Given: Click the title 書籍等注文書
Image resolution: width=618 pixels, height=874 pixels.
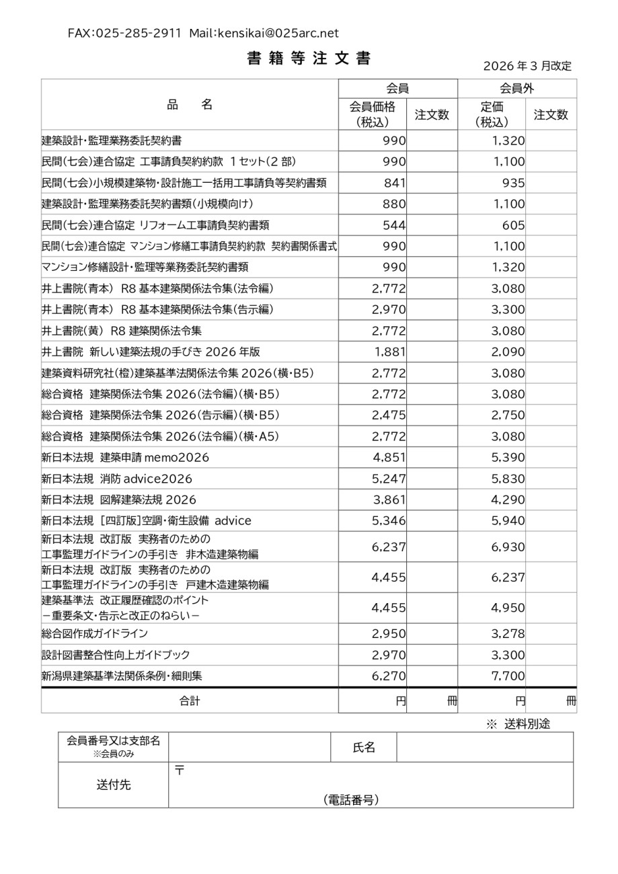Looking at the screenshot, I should point(309,58).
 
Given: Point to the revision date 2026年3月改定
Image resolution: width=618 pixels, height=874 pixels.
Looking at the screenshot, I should point(528,66).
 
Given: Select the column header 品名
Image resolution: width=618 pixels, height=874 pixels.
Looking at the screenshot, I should point(190,104).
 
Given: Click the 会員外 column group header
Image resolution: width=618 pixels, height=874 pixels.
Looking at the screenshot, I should point(517,89).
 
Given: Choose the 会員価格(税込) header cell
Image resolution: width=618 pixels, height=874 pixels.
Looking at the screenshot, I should point(373,114).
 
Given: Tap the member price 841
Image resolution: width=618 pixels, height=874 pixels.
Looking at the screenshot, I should point(395,183).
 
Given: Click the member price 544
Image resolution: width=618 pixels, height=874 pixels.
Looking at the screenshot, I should point(395,225).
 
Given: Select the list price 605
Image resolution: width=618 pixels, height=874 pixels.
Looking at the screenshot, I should point(514,225).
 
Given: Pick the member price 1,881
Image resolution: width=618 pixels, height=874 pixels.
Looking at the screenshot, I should point(390,352).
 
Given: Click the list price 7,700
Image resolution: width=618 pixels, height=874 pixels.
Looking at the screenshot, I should point(508,676).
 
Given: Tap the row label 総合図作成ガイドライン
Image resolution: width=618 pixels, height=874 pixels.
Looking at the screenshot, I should point(95,633).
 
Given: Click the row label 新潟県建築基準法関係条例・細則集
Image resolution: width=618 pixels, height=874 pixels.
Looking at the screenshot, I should point(122,676).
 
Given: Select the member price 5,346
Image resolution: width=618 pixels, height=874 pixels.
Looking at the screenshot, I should point(389,521).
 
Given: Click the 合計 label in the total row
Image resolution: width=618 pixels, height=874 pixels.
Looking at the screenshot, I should point(190,701).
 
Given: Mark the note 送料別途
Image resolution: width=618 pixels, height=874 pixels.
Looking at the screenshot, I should point(527,724).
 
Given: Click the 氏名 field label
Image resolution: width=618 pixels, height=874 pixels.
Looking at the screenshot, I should point(364,748).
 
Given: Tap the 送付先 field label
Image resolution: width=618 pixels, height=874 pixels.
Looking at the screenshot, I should point(114,785).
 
